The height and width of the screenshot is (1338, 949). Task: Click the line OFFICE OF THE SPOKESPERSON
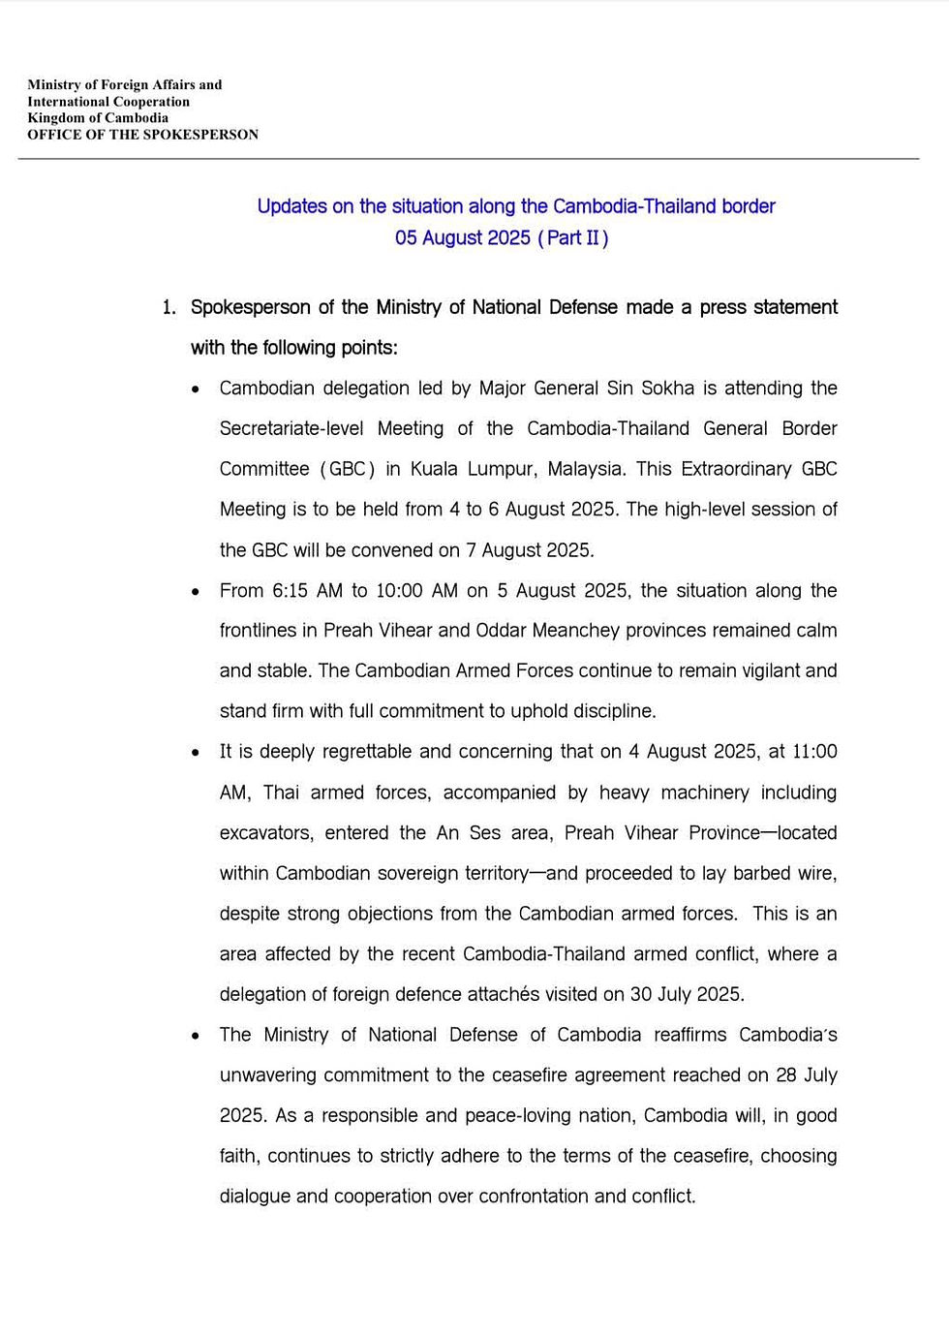tap(142, 135)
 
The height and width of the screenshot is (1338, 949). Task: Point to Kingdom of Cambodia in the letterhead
tap(98, 118)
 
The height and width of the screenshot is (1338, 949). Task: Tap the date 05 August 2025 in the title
tap(463, 238)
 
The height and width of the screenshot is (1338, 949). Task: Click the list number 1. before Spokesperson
tap(169, 308)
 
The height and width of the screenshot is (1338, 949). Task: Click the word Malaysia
tap(586, 469)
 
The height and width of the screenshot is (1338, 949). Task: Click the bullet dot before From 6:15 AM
tap(197, 592)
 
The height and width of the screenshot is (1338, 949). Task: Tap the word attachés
tap(476, 995)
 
